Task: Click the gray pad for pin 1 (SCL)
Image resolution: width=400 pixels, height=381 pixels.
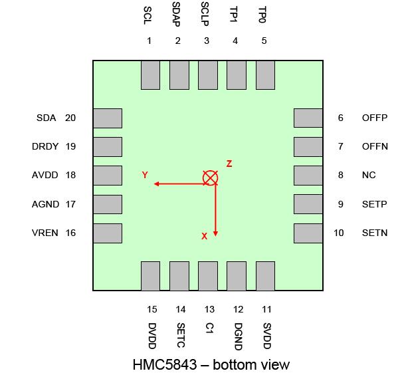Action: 150,75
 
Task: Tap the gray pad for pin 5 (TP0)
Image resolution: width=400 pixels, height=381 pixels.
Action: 265,75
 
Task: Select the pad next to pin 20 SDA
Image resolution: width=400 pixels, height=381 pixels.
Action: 108,118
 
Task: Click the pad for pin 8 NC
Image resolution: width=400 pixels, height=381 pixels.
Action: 308,175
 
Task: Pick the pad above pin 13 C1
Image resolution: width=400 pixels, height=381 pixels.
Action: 208,276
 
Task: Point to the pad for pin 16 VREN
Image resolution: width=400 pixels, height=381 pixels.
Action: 108,233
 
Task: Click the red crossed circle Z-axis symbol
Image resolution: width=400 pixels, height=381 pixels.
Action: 210,178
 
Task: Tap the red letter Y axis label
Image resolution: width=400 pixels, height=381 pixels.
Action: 145,175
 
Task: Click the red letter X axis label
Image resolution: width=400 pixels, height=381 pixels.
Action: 204,236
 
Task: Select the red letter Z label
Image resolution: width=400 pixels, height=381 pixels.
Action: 229,164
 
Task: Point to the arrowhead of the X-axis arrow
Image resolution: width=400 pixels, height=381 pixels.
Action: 215,233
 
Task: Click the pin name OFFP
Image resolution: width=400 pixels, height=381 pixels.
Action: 375,118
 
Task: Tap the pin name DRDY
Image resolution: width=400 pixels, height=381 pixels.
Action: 45,146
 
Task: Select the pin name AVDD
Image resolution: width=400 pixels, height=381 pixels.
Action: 45,175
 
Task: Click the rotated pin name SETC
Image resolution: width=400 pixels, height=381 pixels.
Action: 181,336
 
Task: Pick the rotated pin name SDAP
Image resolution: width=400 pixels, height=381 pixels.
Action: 176,14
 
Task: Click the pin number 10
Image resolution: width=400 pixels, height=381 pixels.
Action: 339,233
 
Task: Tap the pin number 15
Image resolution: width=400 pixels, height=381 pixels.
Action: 152,309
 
